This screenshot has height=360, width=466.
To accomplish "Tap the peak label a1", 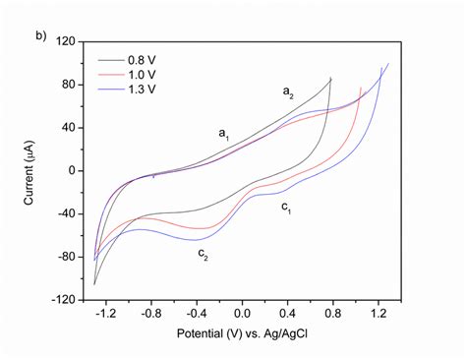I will pos(224,131).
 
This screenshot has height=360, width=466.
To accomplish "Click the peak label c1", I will pos(286,208).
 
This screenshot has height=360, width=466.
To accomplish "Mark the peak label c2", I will pos(202,255).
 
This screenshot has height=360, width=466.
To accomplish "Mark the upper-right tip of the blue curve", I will pos(389,64).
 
